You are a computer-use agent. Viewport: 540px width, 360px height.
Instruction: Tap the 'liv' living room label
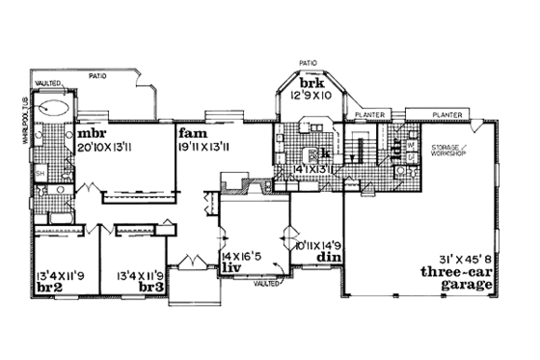230,263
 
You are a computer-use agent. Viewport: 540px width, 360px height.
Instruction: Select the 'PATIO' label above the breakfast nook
308,61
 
